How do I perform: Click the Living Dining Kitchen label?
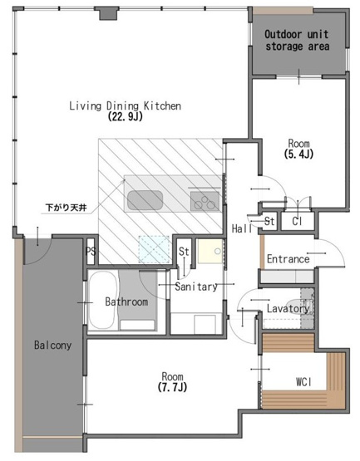click(125, 105)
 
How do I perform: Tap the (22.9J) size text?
click(125, 116)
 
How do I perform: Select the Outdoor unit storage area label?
click(297, 40)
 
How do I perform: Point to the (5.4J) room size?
click(298, 154)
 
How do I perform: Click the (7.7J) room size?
click(172, 387)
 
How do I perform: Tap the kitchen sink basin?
click(145, 200)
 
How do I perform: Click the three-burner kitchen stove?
click(205, 201)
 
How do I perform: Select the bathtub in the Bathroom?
click(103, 300)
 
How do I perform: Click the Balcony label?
click(52, 345)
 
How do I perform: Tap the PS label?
click(91, 252)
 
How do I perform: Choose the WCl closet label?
click(303, 382)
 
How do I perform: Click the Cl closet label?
click(297, 221)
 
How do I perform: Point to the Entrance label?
click(288, 259)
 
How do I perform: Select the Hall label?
click(242, 228)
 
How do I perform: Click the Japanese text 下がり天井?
click(66, 208)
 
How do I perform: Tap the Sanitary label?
click(196, 287)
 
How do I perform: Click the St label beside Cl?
click(269, 221)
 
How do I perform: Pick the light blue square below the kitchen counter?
click(154, 249)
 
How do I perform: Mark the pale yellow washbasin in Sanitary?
click(210, 251)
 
